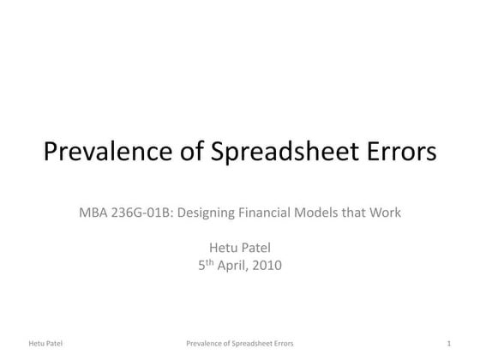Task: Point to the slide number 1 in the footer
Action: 448,344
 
